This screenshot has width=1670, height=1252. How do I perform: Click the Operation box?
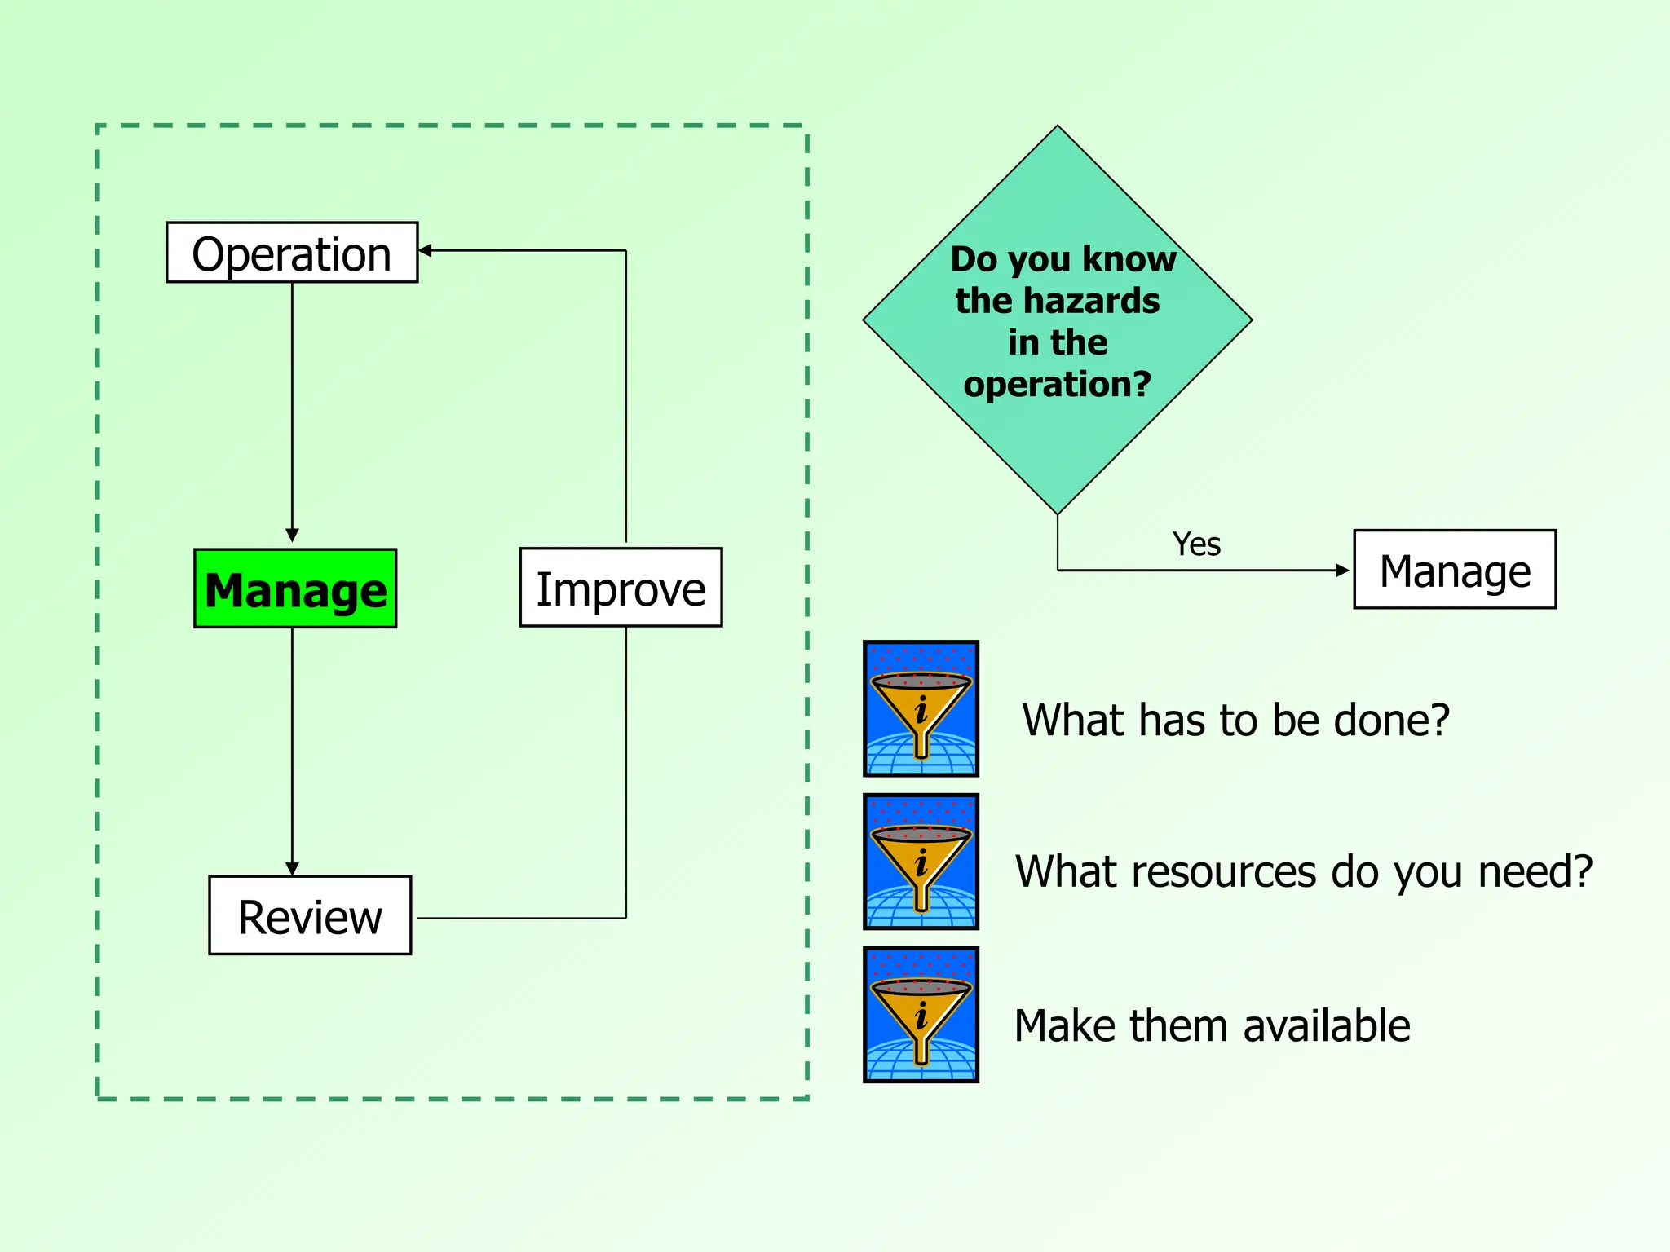point(292,253)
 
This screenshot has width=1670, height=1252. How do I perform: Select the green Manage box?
point(295,589)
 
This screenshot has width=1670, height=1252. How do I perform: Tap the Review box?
point(310,916)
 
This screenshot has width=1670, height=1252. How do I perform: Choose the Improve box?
point(621,588)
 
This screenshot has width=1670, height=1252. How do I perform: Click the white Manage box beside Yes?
point(1455,570)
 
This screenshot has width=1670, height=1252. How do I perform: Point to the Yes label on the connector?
point(1196,544)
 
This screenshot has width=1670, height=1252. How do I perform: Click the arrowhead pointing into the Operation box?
point(425,250)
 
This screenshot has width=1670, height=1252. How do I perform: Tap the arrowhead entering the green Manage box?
point(292,536)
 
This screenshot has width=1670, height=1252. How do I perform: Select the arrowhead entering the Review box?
point(292,869)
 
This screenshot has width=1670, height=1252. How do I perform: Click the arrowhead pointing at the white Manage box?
point(1343,570)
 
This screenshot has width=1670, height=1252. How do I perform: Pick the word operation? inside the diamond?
point(1057,384)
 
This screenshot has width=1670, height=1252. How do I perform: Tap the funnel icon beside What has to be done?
point(921,708)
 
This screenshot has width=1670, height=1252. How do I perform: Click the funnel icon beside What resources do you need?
point(921,862)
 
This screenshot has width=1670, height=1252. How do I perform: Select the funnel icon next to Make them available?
point(921,1015)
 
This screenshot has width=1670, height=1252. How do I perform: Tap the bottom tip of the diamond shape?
point(1058,513)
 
